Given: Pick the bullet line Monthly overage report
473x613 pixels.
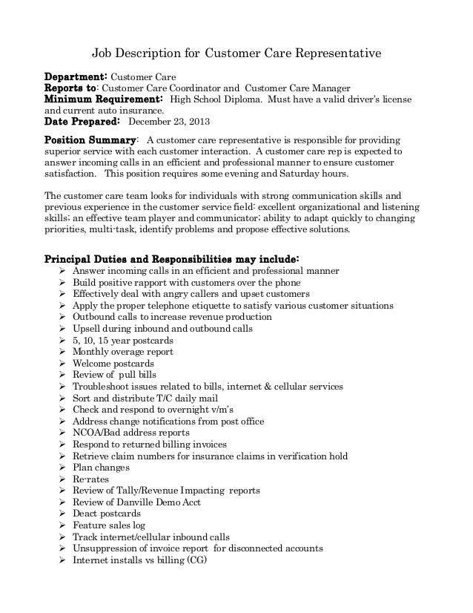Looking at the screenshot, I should [x=122, y=352].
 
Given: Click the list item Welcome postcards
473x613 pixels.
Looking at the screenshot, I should [x=113, y=364].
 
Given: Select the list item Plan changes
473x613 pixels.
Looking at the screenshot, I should [x=101, y=468].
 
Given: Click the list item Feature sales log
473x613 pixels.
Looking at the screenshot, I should [x=110, y=525].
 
